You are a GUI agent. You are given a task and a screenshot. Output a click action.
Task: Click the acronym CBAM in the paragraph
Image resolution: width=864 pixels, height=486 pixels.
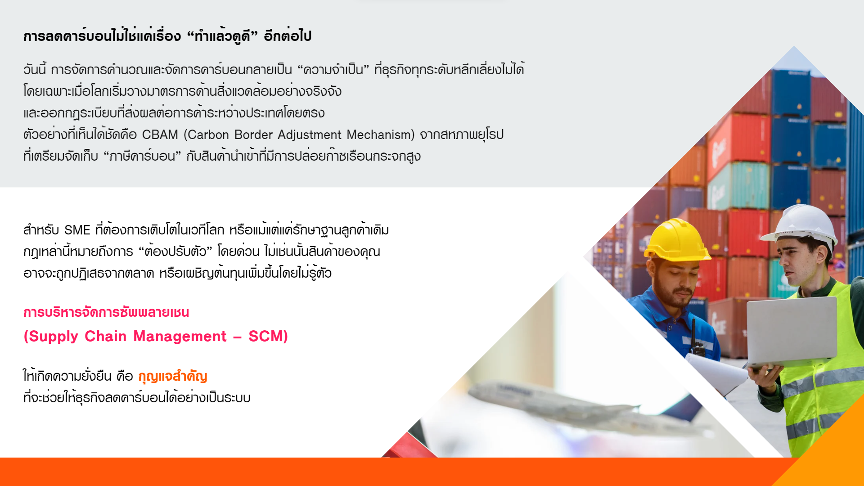[160, 135]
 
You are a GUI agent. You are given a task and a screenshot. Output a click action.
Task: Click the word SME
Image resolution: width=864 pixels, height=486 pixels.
[77, 230]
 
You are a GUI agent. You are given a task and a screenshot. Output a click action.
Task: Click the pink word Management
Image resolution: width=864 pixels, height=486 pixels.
[180, 337]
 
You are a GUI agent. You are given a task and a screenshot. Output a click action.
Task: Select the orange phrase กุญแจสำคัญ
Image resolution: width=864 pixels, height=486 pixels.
[173, 376]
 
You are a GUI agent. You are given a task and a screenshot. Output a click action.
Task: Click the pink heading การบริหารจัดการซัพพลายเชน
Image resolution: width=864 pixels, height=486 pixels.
[106, 312]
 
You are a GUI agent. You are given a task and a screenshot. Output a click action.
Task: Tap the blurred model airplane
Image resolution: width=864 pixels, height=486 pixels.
[585, 407]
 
